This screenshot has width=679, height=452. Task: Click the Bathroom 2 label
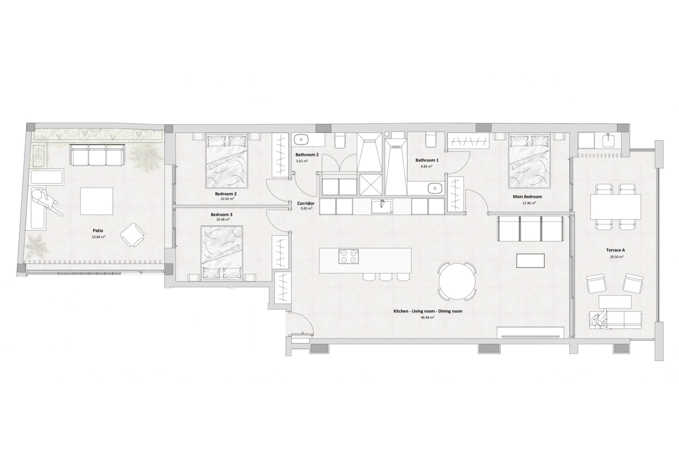click(307, 155)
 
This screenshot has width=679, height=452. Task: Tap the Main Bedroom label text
click(527, 197)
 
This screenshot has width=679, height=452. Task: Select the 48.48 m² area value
click(428, 317)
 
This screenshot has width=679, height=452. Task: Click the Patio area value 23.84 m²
click(98, 237)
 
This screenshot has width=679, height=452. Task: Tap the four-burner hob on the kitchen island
click(348, 256)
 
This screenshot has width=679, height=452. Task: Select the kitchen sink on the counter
click(382, 206)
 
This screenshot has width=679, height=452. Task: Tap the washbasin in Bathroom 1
click(435, 189)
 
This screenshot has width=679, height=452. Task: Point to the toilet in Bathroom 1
click(431, 139)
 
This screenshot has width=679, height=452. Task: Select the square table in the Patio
click(97, 201)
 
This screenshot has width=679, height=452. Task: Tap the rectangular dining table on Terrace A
click(615, 207)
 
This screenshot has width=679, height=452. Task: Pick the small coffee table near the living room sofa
click(530, 261)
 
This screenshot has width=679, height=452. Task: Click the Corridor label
click(306, 203)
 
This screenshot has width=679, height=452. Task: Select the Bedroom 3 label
click(221, 214)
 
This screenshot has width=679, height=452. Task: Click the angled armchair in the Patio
click(133, 235)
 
